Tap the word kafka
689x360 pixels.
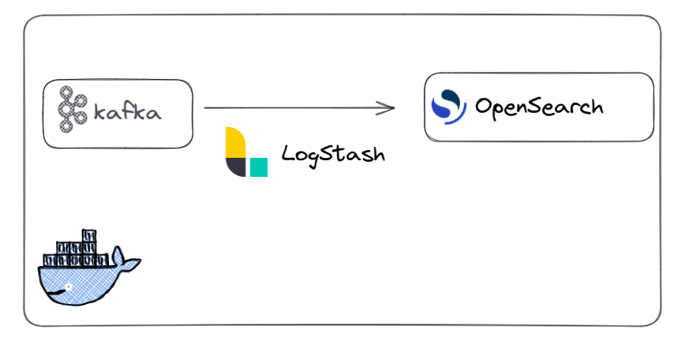[x=128, y=112]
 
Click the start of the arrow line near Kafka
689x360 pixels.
[x=207, y=107]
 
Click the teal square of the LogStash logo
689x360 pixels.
[x=258, y=167]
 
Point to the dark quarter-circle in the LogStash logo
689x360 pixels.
[x=235, y=166]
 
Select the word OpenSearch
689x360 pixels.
[x=539, y=107]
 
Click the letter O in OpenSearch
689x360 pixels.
[x=484, y=106]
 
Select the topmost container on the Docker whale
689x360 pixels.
[x=89, y=236]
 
